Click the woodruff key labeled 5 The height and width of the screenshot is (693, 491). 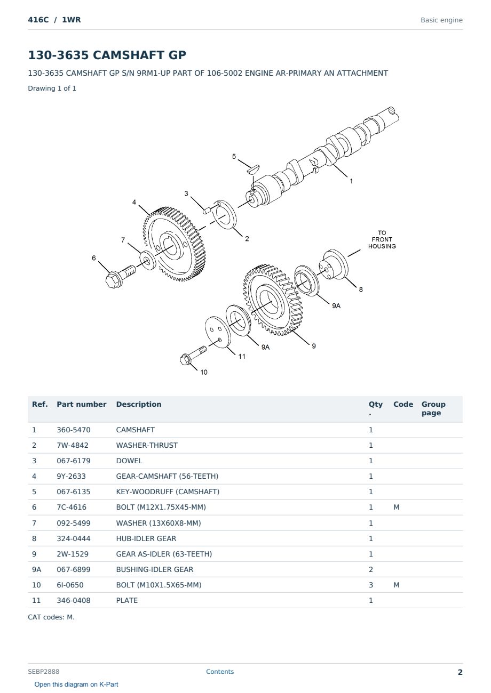tap(253, 168)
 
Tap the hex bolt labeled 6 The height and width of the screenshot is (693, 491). tap(120, 276)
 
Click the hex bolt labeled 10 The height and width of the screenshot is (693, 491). tap(192, 355)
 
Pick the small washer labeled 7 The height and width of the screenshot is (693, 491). tap(147, 261)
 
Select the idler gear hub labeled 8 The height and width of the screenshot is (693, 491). tap(334, 265)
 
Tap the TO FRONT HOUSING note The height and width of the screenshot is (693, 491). tap(382, 239)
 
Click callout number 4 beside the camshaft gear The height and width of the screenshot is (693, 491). tap(134, 202)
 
